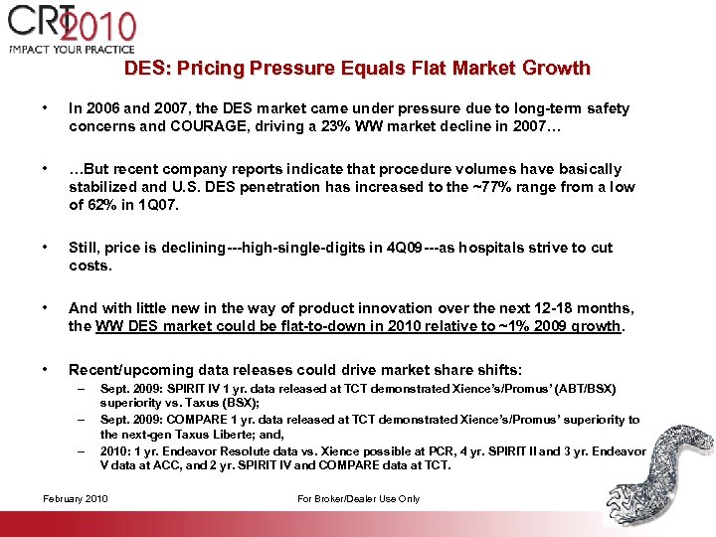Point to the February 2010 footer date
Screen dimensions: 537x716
point(77,498)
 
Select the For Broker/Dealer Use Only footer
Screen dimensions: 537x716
point(358,498)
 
